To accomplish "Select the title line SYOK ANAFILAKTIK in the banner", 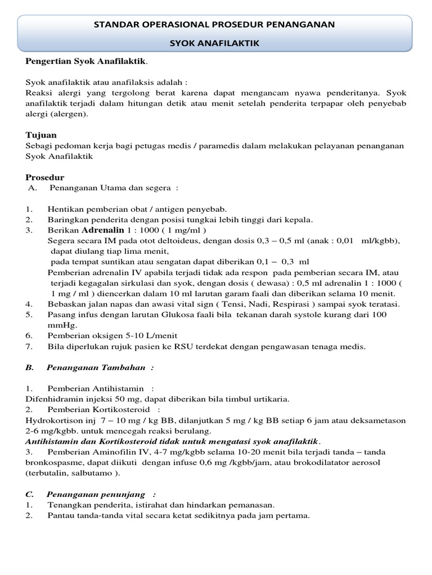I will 215,43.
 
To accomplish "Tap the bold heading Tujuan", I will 41,135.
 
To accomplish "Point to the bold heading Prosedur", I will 45,177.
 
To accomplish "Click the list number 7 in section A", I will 28,346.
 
